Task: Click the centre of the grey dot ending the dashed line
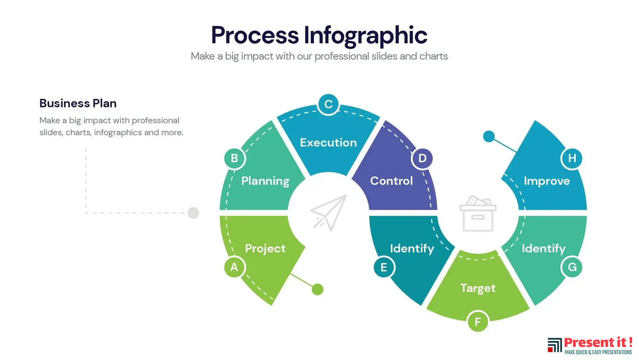click(x=193, y=213)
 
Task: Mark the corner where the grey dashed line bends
click(x=86, y=213)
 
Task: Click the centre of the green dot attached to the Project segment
click(x=318, y=289)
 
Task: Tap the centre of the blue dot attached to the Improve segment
click(x=489, y=136)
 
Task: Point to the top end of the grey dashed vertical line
click(x=86, y=148)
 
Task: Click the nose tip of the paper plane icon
click(x=346, y=195)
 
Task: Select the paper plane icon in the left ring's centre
click(x=328, y=213)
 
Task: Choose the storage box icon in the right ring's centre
click(x=478, y=213)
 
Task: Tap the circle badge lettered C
click(x=328, y=104)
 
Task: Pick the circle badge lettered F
click(x=478, y=322)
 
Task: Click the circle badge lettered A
click(x=234, y=267)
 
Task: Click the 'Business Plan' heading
click(x=78, y=103)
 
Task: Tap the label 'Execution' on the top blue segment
click(x=328, y=142)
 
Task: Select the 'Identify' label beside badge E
click(x=412, y=249)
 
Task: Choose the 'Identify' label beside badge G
click(x=543, y=249)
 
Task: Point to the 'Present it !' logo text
click(x=598, y=342)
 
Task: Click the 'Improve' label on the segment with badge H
click(x=547, y=181)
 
